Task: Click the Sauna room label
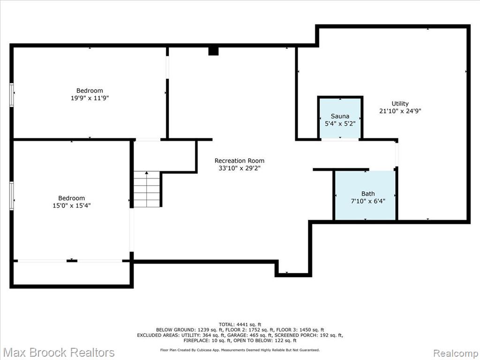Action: click(340, 116)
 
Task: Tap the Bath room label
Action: click(368, 194)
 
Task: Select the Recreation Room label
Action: click(240, 161)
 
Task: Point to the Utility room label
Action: click(400, 104)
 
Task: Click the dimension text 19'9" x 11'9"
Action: click(90, 98)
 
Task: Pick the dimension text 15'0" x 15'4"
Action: click(72, 205)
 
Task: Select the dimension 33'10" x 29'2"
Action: click(240, 168)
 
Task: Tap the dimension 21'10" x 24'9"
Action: click(400, 111)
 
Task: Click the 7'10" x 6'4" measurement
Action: click(368, 201)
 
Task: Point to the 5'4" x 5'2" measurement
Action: click(340, 124)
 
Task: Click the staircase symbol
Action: click(147, 189)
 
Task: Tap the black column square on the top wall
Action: click(213, 51)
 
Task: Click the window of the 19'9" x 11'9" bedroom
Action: click(12, 95)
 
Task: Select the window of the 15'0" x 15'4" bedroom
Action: click(12, 196)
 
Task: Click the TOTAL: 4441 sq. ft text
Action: click(240, 324)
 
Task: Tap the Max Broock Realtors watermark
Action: click(59, 352)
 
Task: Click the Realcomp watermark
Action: click(456, 353)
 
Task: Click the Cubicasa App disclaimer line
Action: click(240, 350)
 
